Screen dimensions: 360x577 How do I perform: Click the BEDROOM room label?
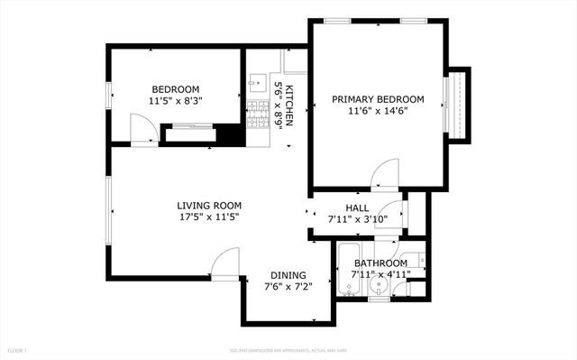(x=175, y=88)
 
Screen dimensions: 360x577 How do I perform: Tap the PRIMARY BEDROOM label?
(x=378, y=99)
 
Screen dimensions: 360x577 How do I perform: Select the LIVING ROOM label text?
(x=207, y=205)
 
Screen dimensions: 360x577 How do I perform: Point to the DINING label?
(x=288, y=275)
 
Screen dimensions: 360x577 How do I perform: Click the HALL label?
(x=343, y=208)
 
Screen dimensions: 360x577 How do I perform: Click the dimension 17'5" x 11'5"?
(x=207, y=217)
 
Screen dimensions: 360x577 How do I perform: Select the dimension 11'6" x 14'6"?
(x=378, y=111)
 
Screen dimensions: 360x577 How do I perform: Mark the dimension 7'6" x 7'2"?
(x=288, y=287)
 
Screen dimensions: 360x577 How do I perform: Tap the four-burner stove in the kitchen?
(x=256, y=113)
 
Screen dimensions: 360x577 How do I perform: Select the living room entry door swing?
(x=223, y=264)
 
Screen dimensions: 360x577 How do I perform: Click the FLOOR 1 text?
(x=18, y=349)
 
